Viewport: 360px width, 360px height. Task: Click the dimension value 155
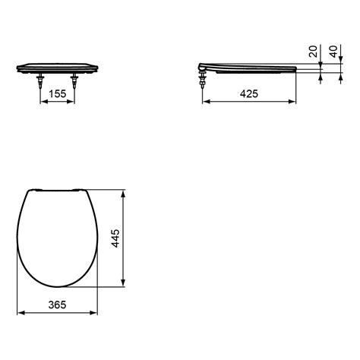(x=58, y=94)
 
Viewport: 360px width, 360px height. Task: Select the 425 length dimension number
(x=249, y=94)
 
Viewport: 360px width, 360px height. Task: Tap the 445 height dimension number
(x=115, y=238)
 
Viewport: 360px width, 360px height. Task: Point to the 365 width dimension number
(x=57, y=305)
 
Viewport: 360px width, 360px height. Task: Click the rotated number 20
(x=313, y=52)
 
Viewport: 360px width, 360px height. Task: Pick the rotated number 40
(x=333, y=52)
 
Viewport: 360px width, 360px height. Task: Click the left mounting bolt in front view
(x=40, y=81)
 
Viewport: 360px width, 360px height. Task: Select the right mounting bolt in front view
(x=74, y=81)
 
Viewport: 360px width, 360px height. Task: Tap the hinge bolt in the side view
(x=202, y=79)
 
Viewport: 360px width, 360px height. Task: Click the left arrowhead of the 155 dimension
(x=44, y=102)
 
